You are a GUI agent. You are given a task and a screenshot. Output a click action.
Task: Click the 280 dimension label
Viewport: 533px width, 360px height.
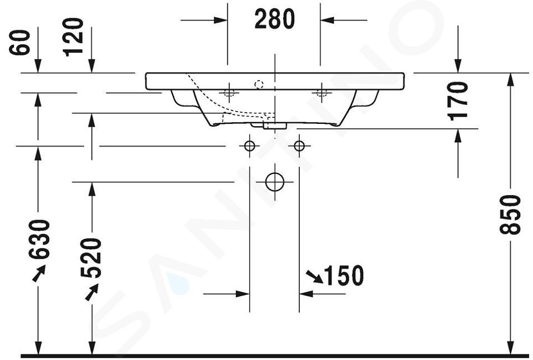(274, 19)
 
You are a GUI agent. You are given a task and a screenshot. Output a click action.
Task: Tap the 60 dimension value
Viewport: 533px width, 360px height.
(19, 43)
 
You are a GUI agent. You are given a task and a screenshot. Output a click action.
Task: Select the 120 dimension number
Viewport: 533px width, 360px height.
(73, 37)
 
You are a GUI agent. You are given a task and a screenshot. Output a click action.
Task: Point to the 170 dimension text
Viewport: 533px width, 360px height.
(458, 101)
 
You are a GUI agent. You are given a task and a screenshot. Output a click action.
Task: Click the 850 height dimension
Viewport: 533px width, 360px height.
(510, 214)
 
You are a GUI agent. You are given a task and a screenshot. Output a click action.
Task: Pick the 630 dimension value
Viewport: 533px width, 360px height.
(39, 239)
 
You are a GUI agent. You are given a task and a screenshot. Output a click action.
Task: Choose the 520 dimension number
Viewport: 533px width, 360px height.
(91, 258)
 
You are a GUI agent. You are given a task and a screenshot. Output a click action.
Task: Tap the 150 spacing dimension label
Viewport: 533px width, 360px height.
(344, 276)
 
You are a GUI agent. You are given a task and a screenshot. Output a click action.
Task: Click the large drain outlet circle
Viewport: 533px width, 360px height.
(275, 182)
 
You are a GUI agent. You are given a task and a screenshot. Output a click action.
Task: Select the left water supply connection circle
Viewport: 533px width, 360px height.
(249, 146)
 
